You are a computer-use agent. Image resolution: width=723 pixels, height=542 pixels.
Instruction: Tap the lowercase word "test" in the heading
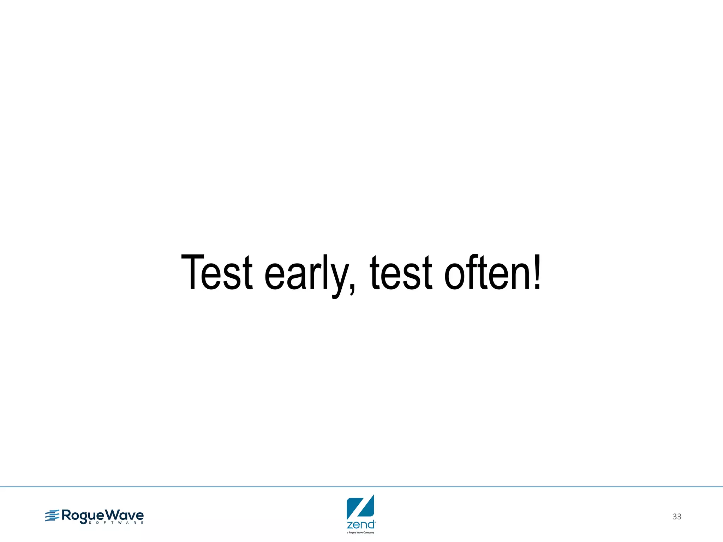click(x=401, y=272)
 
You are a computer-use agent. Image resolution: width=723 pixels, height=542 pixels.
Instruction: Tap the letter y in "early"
click(x=339, y=279)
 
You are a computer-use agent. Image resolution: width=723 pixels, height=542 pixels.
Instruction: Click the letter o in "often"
click(x=455, y=277)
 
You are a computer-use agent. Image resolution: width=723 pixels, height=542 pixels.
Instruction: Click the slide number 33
click(x=677, y=517)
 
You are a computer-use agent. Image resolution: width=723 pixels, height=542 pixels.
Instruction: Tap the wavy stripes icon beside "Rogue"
click(x=52, y=516)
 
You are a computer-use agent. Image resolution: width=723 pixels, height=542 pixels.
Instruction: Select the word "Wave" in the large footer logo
click(x=125, y=515)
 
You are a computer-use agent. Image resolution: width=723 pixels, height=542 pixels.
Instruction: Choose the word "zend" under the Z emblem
click(x=360, y=524)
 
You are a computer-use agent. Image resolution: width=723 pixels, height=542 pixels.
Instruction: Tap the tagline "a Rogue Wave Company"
click(x=360, y=532)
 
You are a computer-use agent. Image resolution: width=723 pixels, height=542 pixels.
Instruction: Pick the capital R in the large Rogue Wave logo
click(x=67, y=515)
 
